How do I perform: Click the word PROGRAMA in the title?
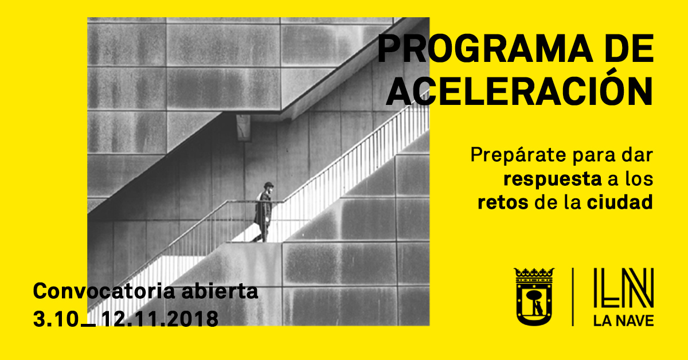pyautogui.click(x=485, y=49)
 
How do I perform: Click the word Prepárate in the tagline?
pyautogui.click(x=518, y=156)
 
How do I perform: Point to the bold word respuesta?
pyautogui.click(x=552, y=179)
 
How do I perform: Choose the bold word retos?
pyautogui.click(x=503, y=203)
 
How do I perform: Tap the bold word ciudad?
pyautogui.click(x=620, y=202)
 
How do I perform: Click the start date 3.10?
pyautogui.click(x=56, y=319)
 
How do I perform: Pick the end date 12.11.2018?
pyautogui.click(x=160, y=319)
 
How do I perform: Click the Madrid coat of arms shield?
pyautogui.click(x=534, y=296)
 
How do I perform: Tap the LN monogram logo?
pyautogui.click(x=623, y=288)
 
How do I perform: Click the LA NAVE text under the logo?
pyautogui.click(x=623, y=321)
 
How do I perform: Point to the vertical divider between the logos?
pyautogui.click(x=573, y=297)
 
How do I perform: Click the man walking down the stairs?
pyautogui.click(x=264, y=212)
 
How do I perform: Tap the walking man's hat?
pyautogui.click(x=268, y=185)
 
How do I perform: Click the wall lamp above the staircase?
pyautogui.click(x=243, y=128)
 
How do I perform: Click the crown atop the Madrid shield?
pyautogui.click(x=534, y=273)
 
